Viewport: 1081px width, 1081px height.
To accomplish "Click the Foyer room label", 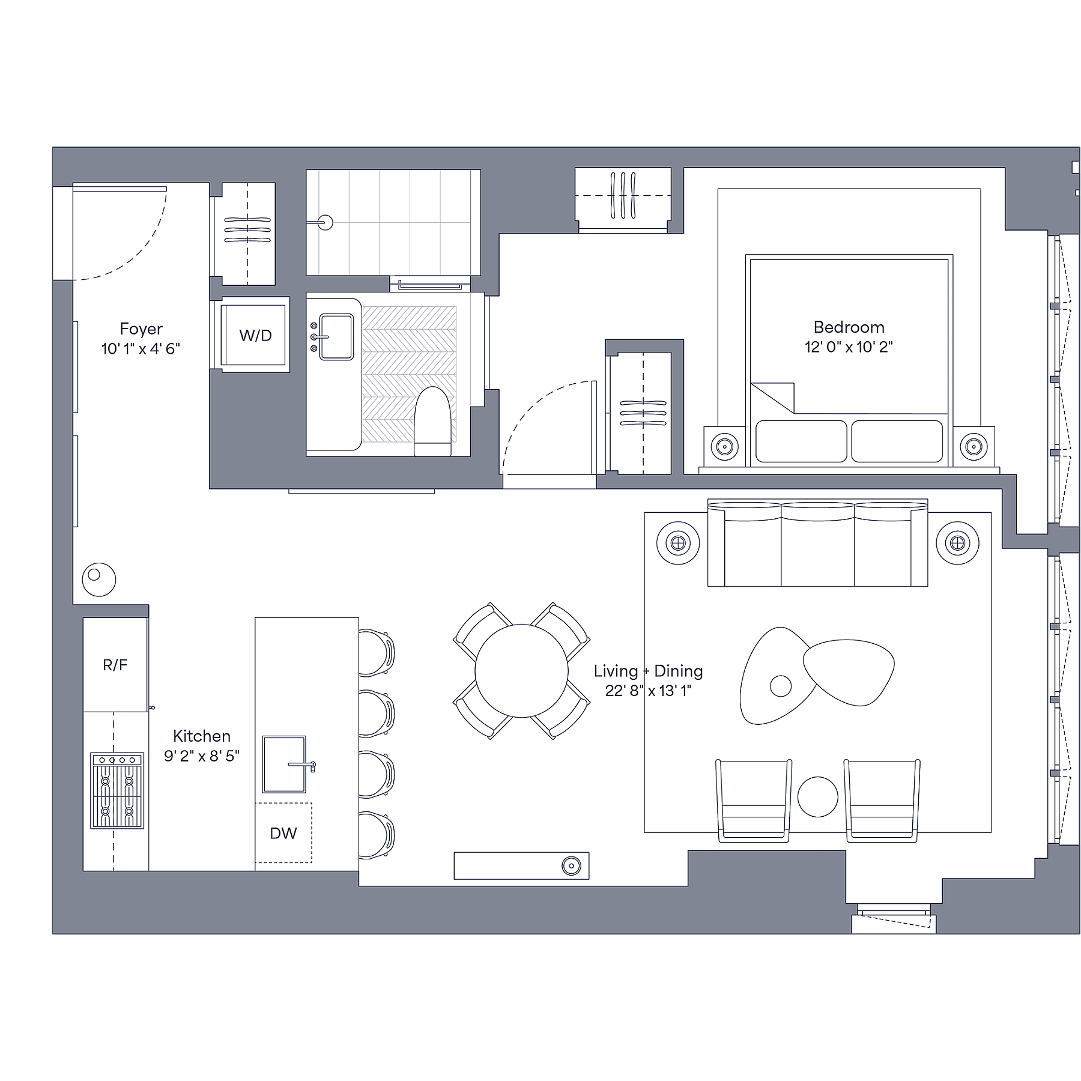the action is [x=141, y=329].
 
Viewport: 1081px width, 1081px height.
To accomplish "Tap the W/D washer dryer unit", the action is [x=253, y=335].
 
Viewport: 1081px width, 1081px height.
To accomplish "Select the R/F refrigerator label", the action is [x=115, y=665].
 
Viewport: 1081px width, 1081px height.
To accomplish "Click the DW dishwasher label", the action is [x=283, y=833].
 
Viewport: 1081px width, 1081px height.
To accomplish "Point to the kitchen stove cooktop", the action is [x=117, y=790].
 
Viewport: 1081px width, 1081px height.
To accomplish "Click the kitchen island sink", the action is [x=284, y=765].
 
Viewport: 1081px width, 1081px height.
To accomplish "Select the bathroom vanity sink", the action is [x=336, y=337].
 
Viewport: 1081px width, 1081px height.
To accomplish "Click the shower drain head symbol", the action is [x=325, y=223].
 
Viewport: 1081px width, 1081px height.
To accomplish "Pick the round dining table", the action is [x=521, y=671].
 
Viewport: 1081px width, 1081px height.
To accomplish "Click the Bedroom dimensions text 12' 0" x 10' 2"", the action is [x=849, y=347].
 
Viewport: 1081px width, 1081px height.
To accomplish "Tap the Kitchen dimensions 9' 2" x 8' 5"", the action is [x=202, y=755].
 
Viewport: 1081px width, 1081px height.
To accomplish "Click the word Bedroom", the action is [x=849, y=327].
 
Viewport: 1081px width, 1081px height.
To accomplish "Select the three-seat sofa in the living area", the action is [x=817, y=543].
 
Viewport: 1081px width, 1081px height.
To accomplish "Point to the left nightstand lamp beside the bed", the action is [x=724, y=446].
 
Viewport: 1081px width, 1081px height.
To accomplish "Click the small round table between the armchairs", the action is [x=817, y=796].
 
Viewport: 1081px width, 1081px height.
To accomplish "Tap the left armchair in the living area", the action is [x=754, y=801].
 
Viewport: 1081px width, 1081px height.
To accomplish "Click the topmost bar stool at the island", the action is [x=377, y=652].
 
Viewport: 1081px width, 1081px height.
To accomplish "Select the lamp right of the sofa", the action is [x=957, y=544].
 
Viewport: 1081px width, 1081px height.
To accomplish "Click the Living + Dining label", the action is [x=648, y=671].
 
